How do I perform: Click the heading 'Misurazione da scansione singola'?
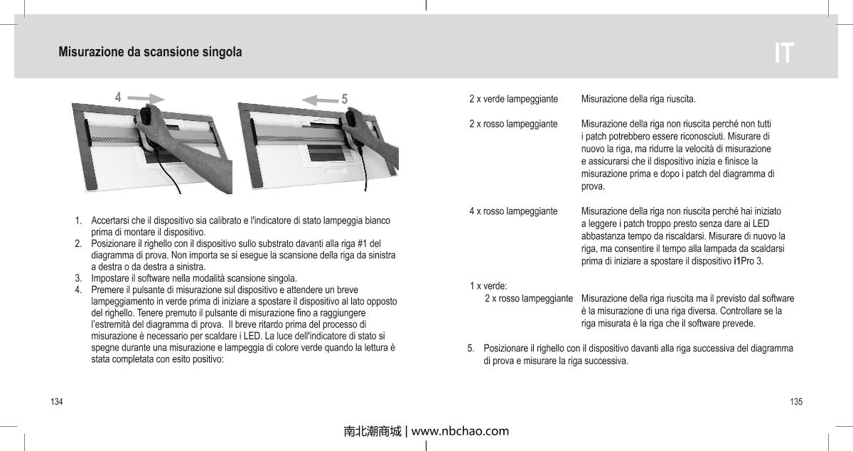tap(150, 53)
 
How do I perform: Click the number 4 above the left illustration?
tap(119, 97)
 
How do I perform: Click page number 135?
tap(796, 402)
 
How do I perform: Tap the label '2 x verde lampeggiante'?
tap(513, 98)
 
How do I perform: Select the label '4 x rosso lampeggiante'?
tap(513, 211)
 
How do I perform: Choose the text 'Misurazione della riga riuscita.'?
tap(638, 98)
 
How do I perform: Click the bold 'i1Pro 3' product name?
tap(747, 261)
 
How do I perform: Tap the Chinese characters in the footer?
tap(372, 431)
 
